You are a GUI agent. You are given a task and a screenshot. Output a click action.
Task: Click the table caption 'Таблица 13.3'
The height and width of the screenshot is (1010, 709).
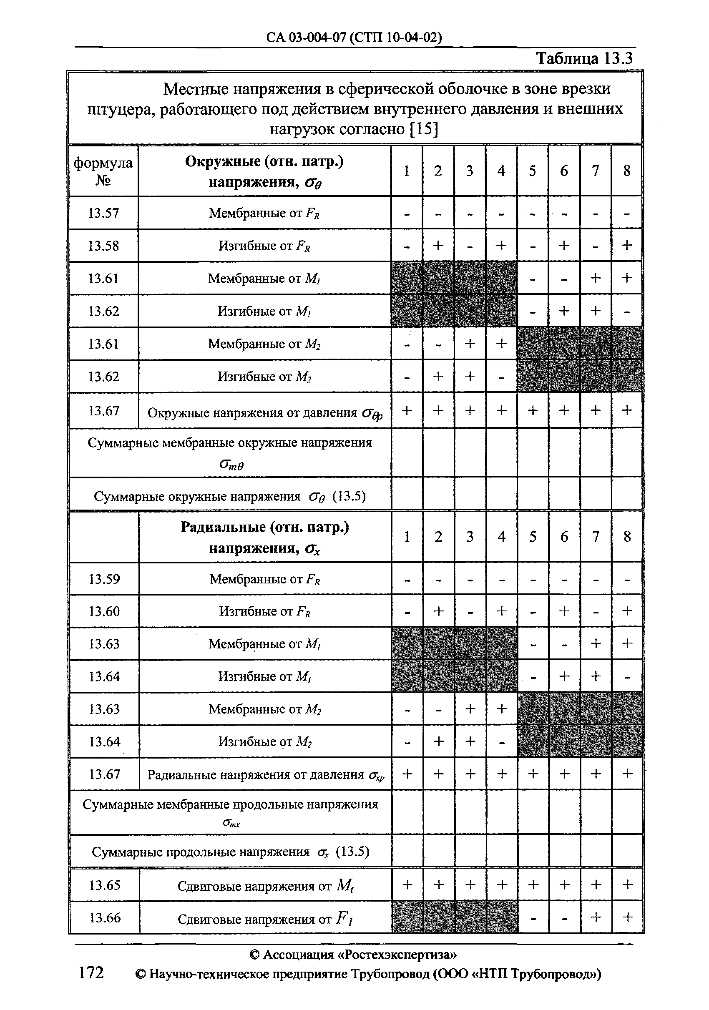tap(583, 58)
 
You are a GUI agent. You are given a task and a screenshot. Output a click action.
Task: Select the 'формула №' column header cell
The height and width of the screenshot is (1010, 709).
tap(103, 171)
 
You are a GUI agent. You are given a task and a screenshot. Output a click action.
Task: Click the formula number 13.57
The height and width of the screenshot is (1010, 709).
tap(103, 214)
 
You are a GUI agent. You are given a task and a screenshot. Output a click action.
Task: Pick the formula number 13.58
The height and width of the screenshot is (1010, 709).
tap(103, 246)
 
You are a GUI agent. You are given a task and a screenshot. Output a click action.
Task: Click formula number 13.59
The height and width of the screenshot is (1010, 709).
tap(104, 579)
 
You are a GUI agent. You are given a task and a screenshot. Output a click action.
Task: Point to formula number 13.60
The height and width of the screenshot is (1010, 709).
tap(104, 611)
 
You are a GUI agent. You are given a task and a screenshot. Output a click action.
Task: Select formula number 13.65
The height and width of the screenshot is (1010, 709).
tap(105, 885)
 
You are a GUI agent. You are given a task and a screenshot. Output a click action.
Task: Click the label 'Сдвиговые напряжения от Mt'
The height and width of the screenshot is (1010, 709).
tap(265, 885)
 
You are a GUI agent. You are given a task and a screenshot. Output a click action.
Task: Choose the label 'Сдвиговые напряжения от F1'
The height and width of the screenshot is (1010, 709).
tap(265, 919)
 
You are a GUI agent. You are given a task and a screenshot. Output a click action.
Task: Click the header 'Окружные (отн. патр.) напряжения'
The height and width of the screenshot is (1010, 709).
tap(264, 171)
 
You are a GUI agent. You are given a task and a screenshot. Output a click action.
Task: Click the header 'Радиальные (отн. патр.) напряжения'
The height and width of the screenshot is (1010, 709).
tap(265, 537)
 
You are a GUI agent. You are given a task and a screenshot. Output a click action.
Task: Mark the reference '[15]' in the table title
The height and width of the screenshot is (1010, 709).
tap(423, 129)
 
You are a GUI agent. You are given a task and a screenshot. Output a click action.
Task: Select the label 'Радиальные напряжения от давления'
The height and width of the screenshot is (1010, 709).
tap(265, 775)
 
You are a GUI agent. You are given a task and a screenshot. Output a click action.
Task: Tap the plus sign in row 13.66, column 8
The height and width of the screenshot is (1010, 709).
tap(628, 917)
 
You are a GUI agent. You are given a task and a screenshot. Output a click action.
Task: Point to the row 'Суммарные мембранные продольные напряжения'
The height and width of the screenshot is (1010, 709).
tap(231, 804)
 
